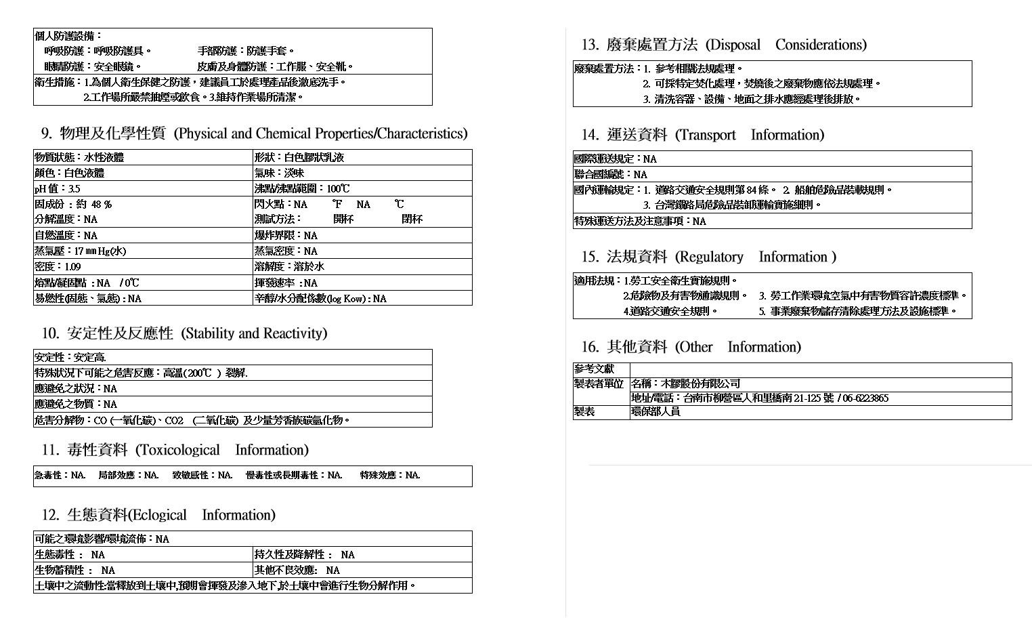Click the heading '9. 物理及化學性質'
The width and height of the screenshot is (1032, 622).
click(x=102, y=133)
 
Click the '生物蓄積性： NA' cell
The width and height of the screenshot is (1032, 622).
click(x=74, y=571)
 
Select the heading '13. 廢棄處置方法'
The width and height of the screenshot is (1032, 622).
click(x=639, y=45)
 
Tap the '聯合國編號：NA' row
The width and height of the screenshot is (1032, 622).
click(x=610, y=175)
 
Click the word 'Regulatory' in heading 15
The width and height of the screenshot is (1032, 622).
click(x=710, y=257)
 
